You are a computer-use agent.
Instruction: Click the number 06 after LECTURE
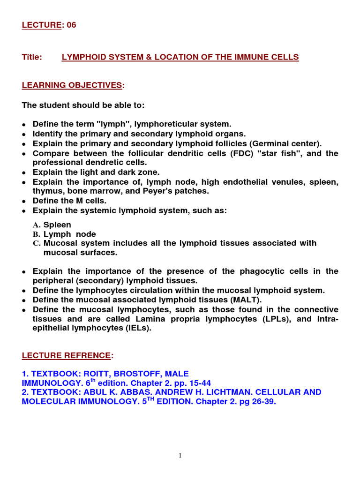(71, 25)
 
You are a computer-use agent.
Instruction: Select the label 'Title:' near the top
(32, 57)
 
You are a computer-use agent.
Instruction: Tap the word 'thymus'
(45, 191)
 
